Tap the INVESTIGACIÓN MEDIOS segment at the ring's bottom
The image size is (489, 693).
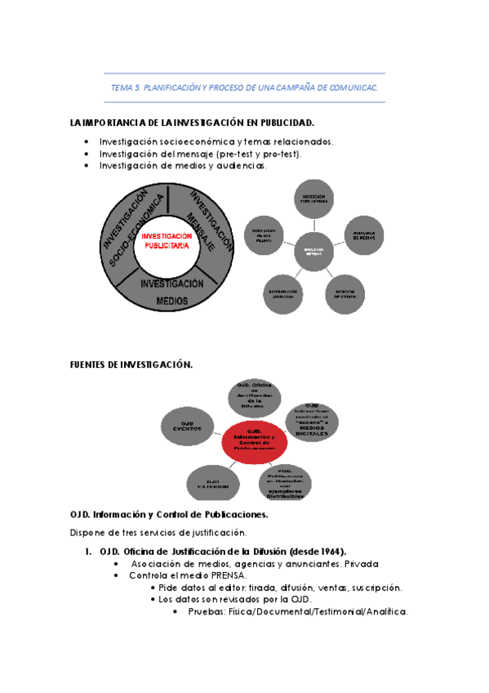[171, 292]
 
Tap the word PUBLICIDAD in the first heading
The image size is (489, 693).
[285, 123]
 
